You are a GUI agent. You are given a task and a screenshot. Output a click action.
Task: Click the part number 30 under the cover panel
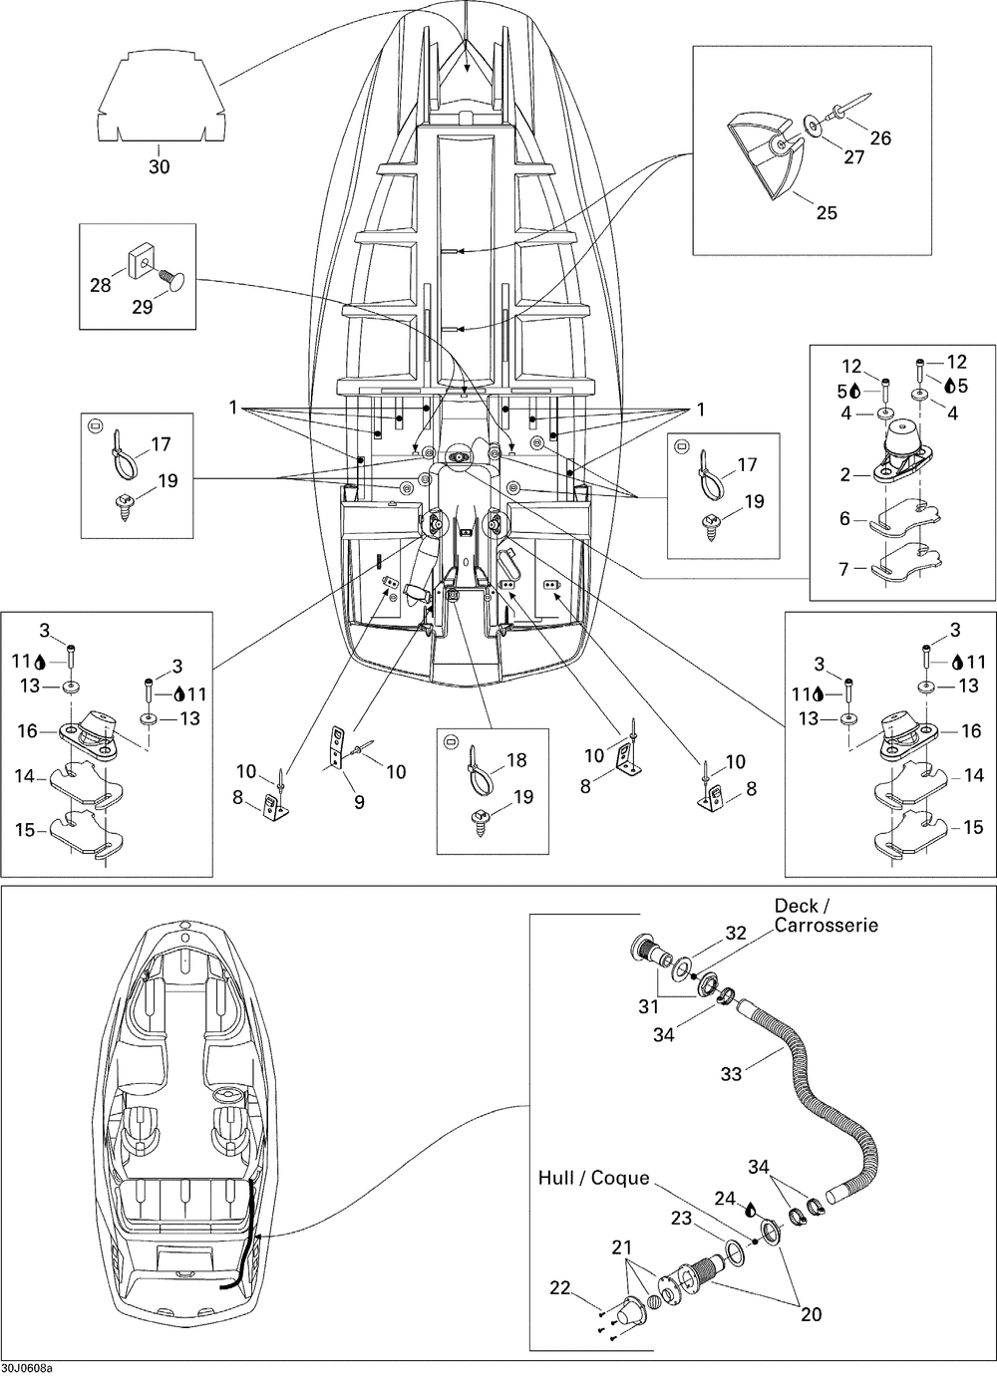coord(160,167)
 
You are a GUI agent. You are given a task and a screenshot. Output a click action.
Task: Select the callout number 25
coord(827,212)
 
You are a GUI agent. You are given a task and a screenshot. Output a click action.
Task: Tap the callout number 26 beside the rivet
coord(880,138)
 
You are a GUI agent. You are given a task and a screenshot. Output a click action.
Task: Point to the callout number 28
coord(101,286)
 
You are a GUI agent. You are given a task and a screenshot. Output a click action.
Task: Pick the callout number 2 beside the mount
coord(845,475)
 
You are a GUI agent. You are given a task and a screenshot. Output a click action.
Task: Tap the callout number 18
coord(515,760)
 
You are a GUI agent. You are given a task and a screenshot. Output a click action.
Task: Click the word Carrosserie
coord(827,926)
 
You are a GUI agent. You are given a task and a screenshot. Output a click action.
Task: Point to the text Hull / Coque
coord(593,1179)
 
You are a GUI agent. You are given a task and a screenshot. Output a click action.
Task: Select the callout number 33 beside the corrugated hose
coord(731,1074)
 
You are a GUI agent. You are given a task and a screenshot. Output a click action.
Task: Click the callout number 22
coord(560,1288)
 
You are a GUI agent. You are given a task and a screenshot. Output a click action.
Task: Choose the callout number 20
coord(811,1314)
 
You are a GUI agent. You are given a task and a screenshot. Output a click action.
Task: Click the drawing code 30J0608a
coord(27,1368)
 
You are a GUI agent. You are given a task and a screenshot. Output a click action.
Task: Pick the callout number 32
coord(736,934)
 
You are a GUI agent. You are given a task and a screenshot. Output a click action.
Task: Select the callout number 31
coord(648,1007)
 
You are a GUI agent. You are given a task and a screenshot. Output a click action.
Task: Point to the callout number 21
coord(622,1247)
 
